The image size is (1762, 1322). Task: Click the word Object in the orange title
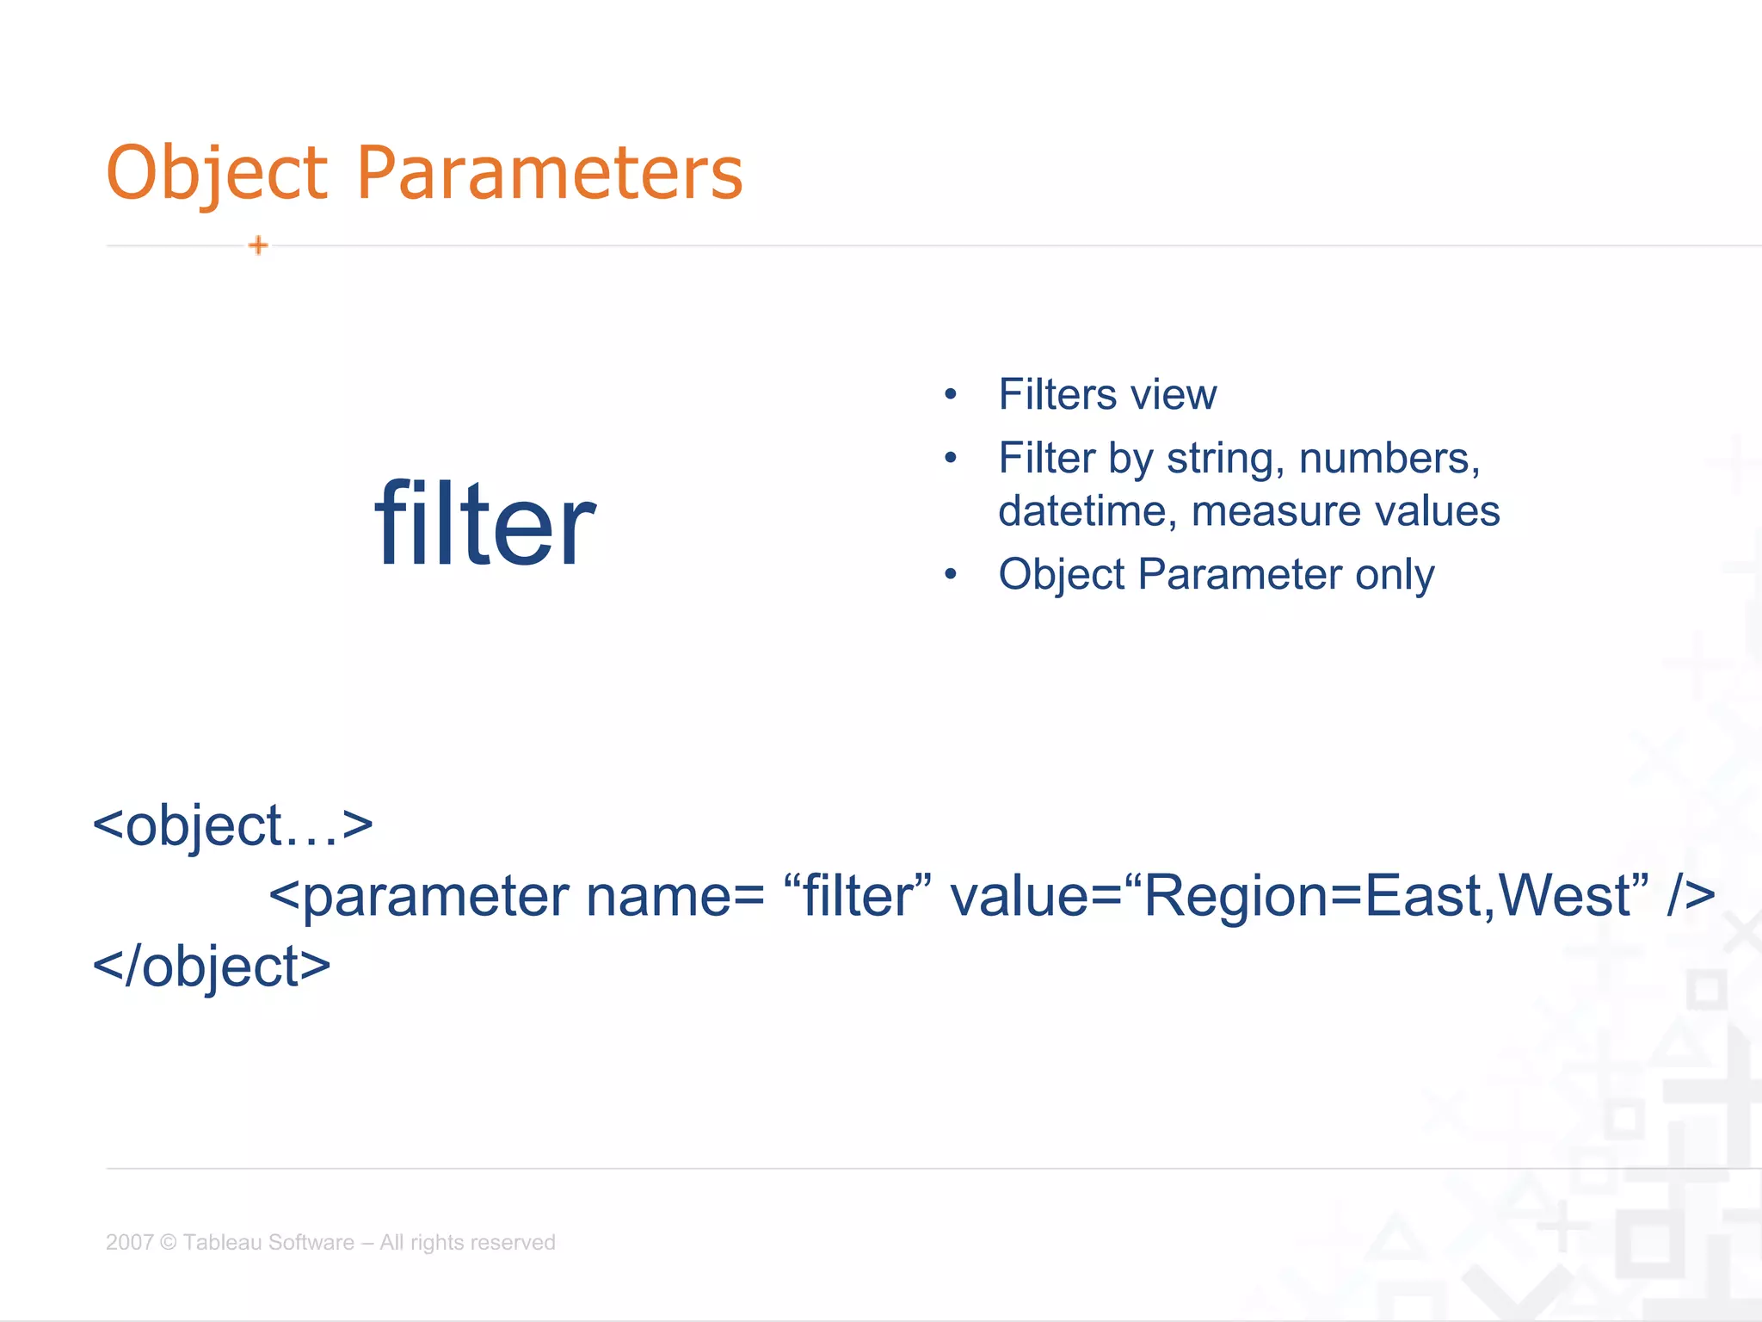(x=216, y=174)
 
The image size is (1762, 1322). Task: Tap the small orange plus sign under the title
(x=258, y=246)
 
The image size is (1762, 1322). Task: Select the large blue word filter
(x=484, y=524)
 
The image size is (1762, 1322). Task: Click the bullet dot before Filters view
(x=950, y=395)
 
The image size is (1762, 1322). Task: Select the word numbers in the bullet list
(x=1388, y=459)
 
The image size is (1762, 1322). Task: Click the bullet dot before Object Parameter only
(x=950, y=574)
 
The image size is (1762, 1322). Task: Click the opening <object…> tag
(x=232, y=825)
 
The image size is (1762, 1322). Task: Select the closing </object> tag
(x=212, y=967)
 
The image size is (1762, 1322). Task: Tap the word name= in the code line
(x=675, y=896)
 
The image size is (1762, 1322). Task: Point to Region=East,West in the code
(x=1387, y=896)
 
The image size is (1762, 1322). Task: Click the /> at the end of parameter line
(x=1690, y=896)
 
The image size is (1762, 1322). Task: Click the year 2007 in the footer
(x=129, y=1242)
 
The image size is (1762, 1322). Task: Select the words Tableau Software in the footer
(x=268, y=1242)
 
